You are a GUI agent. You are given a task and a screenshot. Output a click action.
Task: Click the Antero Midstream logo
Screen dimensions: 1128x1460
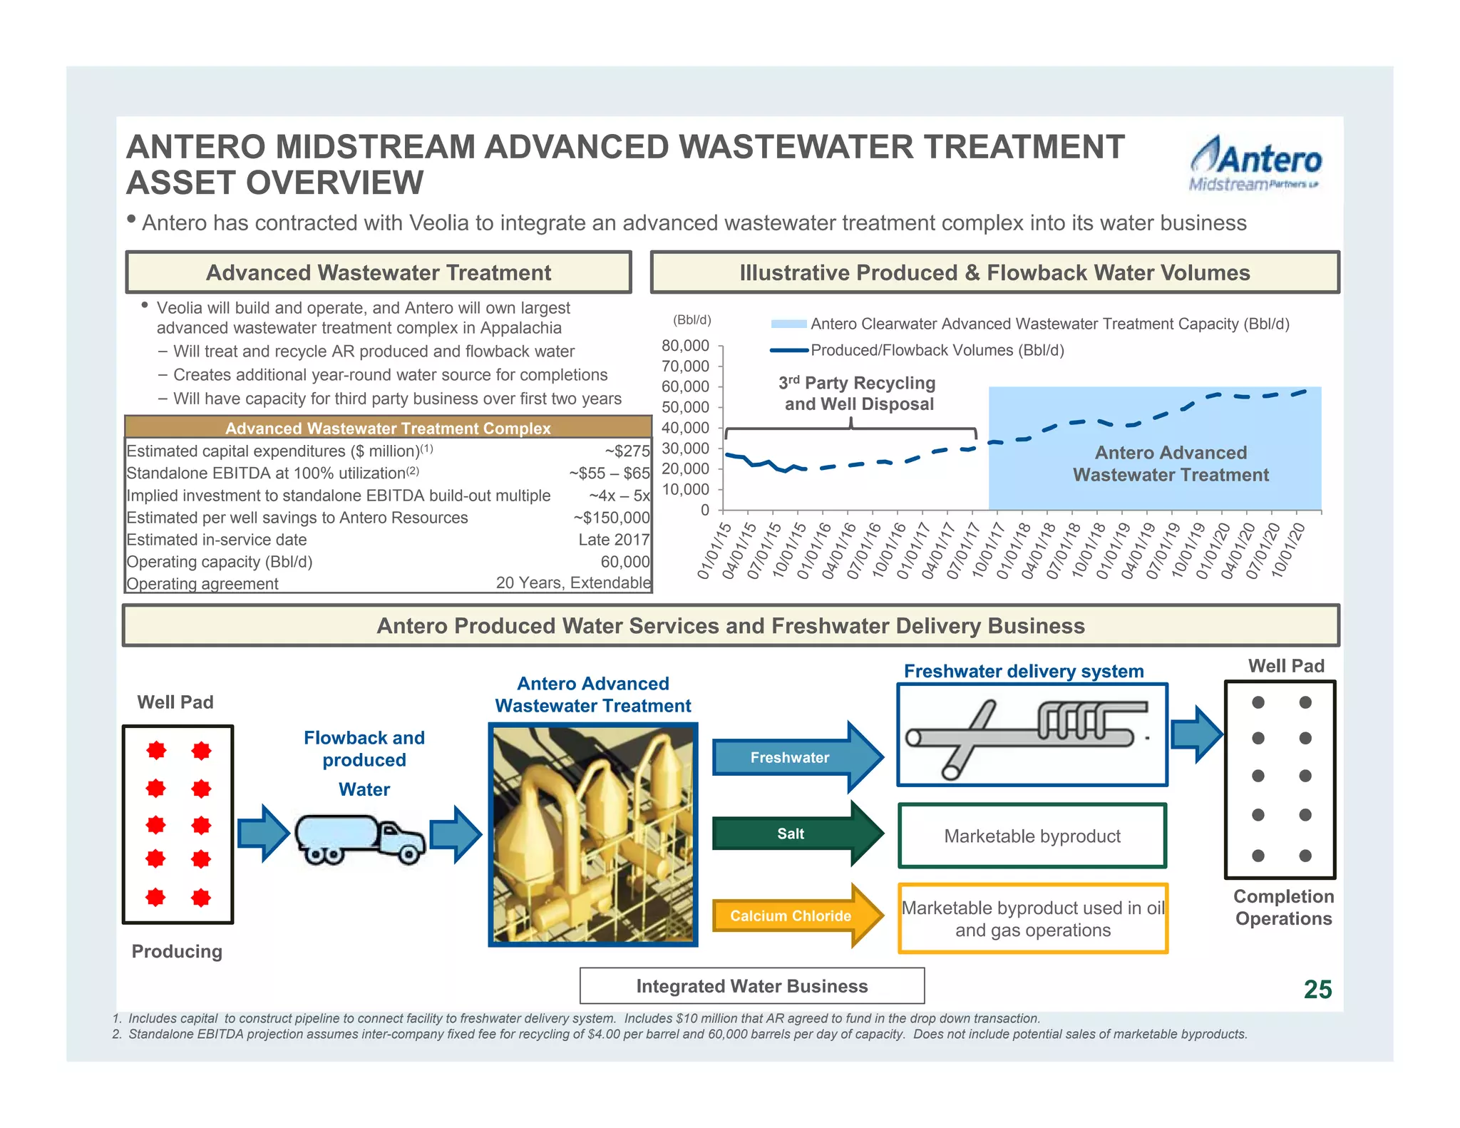coord(1255,164)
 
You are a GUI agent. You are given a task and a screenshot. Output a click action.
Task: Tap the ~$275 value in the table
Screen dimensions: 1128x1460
coord(627,451)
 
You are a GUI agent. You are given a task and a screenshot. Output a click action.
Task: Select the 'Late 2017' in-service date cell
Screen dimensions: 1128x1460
coord(614,540)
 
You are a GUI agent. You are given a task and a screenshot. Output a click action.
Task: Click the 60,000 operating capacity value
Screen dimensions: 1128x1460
coord(624,562)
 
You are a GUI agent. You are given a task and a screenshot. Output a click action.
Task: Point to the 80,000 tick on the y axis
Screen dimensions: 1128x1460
coord(686,346)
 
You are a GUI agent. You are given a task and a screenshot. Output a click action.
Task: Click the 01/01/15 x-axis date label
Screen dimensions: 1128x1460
coord(714,551)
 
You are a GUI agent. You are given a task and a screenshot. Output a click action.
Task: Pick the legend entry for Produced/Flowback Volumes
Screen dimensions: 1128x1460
coord(936,350)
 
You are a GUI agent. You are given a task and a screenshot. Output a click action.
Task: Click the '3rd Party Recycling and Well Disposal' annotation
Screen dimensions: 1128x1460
coord(858,394)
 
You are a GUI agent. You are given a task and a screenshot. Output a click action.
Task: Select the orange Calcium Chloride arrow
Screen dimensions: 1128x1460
coord(796,916)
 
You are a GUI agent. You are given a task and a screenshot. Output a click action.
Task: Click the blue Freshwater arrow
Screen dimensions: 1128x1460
coord(796,757)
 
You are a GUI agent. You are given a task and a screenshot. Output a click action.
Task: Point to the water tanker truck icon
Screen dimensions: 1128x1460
coord(359,839)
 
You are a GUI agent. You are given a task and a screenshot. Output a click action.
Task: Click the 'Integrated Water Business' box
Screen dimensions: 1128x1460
coord(751,986)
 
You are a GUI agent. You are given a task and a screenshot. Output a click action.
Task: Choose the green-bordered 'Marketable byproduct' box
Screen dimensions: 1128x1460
coord(1032,836)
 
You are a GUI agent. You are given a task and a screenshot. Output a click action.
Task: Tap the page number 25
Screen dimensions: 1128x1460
coord(1317,989)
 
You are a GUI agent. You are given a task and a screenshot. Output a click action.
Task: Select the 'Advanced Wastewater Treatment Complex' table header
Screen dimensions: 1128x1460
coord(388,428)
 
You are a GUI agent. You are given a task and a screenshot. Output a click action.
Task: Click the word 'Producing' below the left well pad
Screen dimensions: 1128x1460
coord(177,951)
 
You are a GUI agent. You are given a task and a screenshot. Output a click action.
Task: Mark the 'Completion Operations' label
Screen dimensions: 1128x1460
coord(1283,907)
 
